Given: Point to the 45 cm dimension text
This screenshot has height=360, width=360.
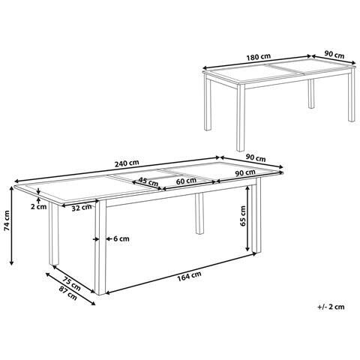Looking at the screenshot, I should click(148, 181).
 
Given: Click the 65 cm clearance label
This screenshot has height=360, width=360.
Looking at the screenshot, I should click(241, 216).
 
